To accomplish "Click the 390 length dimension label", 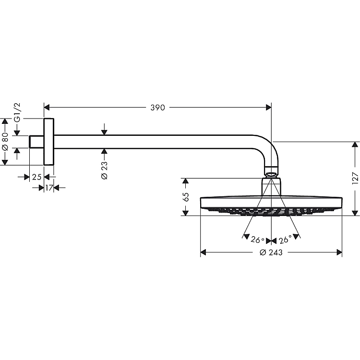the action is click(x=157, y=108).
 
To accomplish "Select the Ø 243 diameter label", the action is click(x=271, y=252).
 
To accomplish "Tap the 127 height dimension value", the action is click(x=355, y=178).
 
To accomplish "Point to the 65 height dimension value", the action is click(x=186, y=197).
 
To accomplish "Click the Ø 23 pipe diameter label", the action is click(x=104, y=170).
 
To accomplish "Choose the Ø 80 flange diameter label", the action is click(x=5, y=142).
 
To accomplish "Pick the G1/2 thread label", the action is click(x=17, y=112).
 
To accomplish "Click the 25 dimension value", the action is click(x=37, y=177).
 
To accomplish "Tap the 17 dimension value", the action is click(x=49, y=188).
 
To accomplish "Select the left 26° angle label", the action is click(x=257, y=240).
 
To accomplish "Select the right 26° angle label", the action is click(x=285, y=240).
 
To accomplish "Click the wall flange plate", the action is click(x=48, y=142).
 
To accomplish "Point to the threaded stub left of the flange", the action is click(x=36, y=142).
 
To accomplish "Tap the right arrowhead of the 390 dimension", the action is click(x=269, y=107).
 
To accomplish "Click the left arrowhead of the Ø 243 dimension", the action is click(x=203, y=252).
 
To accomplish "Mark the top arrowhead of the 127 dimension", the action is click(x=355, y=145).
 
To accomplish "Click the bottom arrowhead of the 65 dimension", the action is click(x=185, y=213).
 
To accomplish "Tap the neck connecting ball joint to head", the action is click(x=271, y=187).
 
